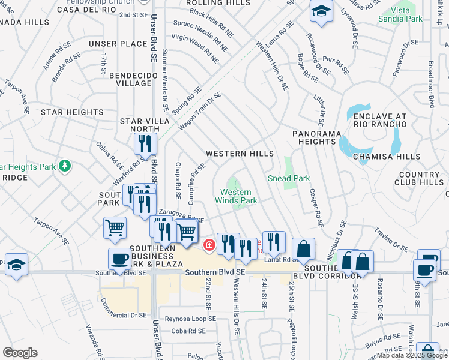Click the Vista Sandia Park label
tap(400, 14)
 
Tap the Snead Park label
tap(288, 178)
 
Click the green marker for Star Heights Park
tap(65, 166)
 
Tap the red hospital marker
tap(209, 244)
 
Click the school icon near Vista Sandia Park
tap(322, 11)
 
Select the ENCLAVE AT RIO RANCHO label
tap(379, 120)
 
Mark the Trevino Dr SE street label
tap(391, 236)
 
